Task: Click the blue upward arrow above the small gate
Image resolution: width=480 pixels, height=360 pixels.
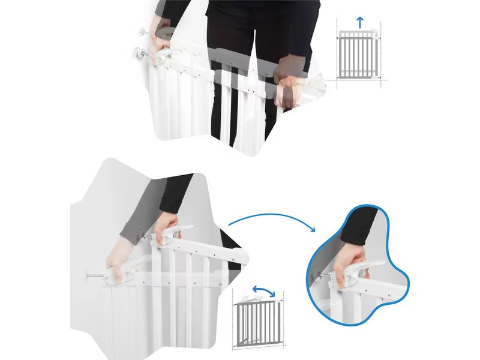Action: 359,23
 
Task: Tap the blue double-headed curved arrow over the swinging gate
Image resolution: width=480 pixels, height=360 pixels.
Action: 264,292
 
